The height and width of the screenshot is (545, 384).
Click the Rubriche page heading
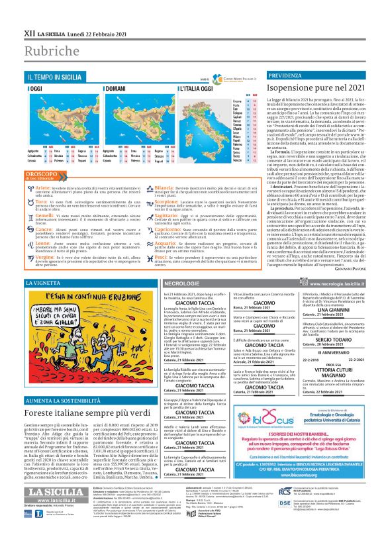48,52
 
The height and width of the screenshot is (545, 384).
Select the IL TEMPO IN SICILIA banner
54,77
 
